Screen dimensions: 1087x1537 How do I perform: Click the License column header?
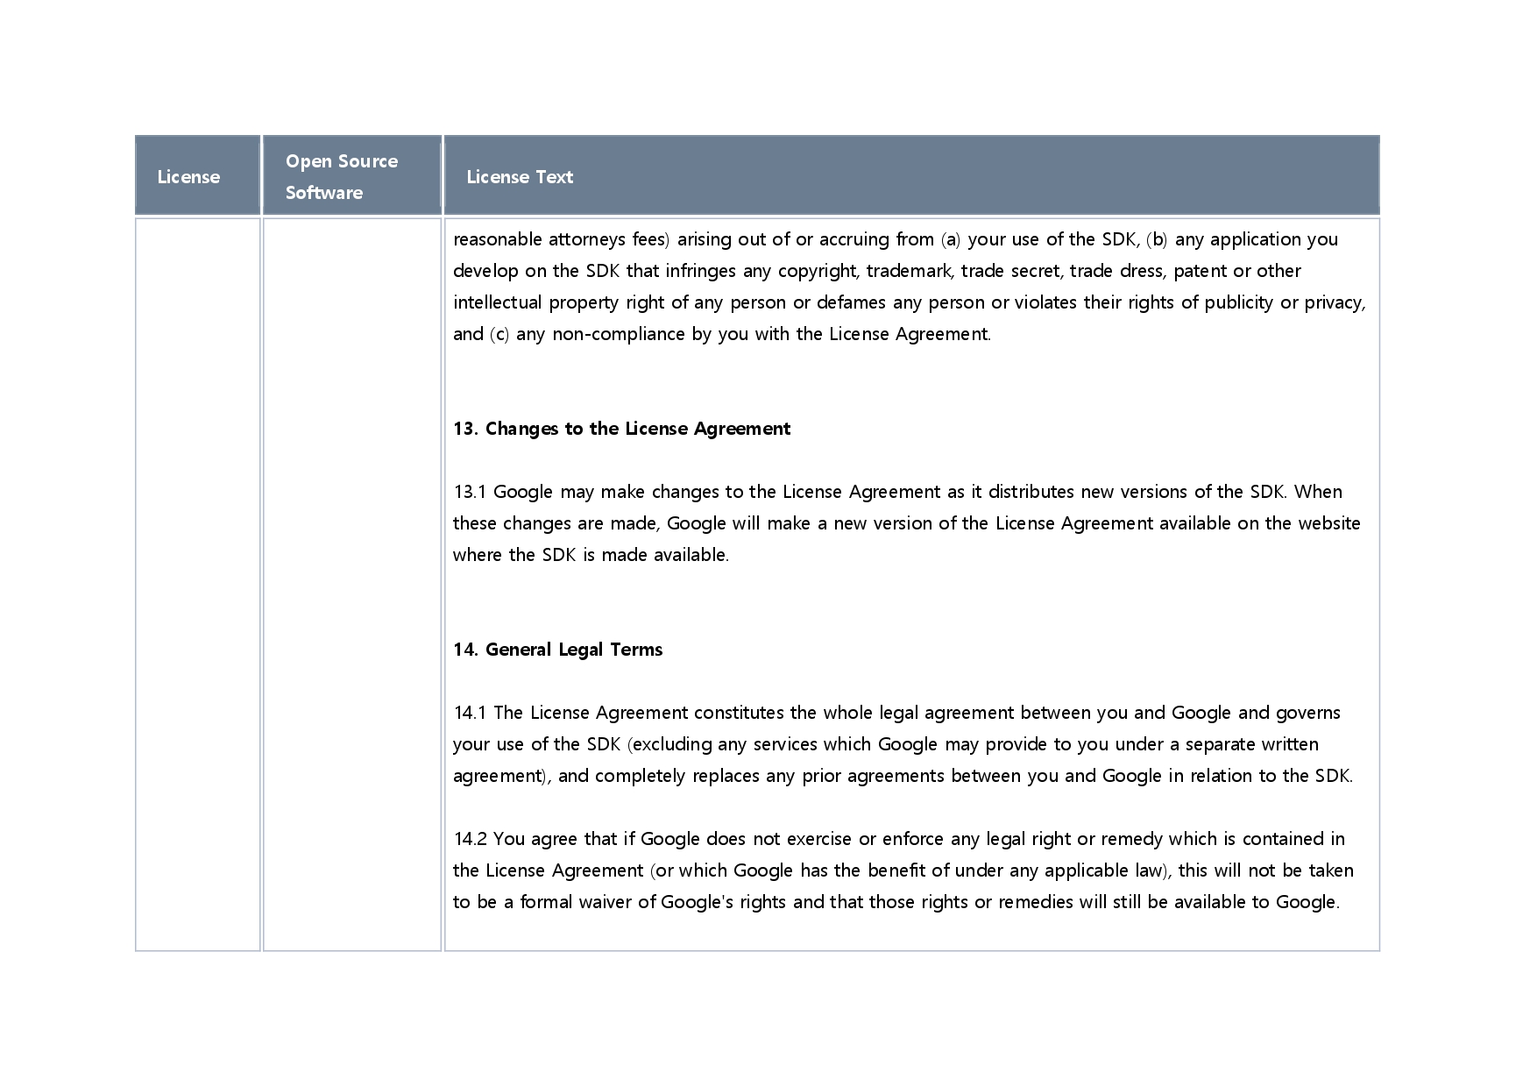pos(188,177)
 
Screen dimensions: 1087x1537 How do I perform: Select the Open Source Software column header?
pos(341,176)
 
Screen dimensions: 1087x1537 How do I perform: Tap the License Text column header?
pos(520,177)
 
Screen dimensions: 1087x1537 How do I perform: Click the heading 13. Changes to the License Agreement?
pos(621,429)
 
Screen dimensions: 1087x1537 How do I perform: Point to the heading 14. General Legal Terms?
pos(557,650)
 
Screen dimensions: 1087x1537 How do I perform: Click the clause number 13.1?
pos(469,492)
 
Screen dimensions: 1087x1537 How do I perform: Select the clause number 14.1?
pos(469,713)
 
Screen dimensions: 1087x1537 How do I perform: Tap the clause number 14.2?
pos(469,839)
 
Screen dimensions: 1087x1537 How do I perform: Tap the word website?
pos(1328,523)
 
